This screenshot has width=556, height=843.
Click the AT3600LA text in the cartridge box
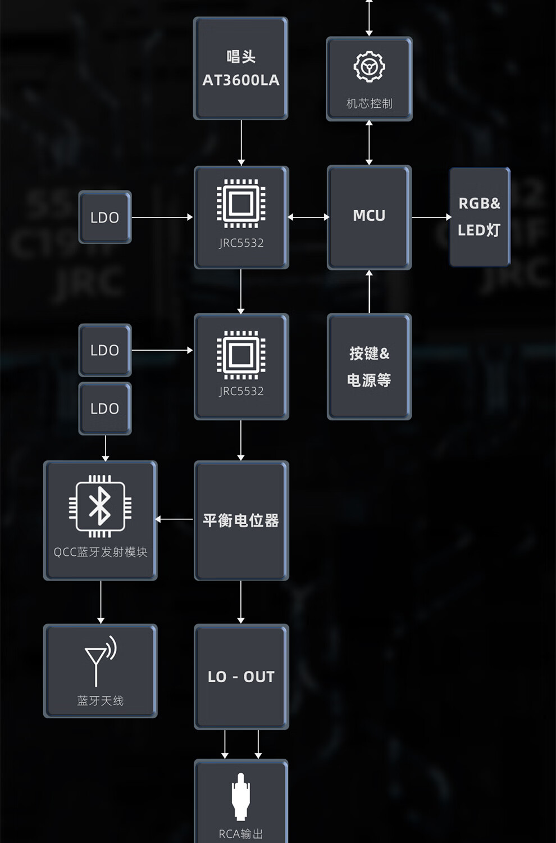(241, 80)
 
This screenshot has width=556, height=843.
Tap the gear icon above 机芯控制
(369, 67)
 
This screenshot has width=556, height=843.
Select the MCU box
(369, 216)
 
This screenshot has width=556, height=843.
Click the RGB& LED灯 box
(479, 217)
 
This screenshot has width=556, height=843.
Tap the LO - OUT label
(241, 677)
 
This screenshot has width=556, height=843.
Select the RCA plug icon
(241, 796)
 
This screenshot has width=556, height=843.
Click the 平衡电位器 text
(241, 520)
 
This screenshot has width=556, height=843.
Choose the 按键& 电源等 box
(369, 366)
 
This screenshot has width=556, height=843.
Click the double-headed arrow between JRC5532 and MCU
(308, 217)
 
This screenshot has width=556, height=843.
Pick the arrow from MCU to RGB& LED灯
(431, 217)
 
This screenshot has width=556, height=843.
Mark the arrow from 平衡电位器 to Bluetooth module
(175, 519)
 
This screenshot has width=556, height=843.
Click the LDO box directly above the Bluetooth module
(105, 409)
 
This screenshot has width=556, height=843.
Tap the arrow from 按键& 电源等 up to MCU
(369, 292)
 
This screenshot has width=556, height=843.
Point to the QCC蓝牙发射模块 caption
(101, 552)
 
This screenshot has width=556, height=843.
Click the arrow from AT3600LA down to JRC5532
(241, 143)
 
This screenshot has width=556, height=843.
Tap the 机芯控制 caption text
(369, 103)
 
